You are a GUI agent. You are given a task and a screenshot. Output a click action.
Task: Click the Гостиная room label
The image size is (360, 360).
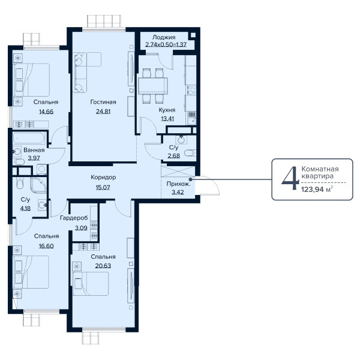point(103,102)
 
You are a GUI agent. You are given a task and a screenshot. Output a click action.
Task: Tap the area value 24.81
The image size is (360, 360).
point(103,112)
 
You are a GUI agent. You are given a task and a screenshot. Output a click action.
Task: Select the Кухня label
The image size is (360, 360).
point(167,110)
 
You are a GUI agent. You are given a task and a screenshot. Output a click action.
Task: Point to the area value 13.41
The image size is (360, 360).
point(167,119)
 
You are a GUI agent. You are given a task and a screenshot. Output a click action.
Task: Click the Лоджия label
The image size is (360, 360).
point(164,37)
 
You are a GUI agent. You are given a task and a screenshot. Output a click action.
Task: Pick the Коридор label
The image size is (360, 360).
point(103,177)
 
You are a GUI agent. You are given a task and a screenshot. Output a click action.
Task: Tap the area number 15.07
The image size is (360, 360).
point(103,187)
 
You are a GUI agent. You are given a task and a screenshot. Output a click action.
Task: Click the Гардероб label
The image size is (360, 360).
point(74,218)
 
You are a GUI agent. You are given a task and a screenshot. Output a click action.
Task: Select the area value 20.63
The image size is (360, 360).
point(103,266)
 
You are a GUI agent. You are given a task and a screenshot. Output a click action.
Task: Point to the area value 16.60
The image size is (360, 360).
point(46,246)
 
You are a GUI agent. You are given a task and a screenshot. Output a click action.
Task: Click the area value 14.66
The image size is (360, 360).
point(46,112)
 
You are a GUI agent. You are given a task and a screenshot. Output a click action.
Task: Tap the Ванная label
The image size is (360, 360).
point(34,150)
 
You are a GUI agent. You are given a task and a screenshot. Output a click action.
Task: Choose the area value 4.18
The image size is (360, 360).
point(25,208)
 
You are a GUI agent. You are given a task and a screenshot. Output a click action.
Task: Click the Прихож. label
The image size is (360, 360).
point(178,184)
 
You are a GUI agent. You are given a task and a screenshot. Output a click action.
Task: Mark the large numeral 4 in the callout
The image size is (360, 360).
point(290,179)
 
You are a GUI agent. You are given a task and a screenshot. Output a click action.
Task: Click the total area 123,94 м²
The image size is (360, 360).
point(317,190)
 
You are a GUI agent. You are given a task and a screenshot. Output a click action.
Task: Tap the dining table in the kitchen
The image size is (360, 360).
point(153,86)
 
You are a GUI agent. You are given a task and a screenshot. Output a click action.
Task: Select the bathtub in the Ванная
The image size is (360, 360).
point(29,138)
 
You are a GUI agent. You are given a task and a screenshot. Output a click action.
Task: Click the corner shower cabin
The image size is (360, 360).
point(38,185)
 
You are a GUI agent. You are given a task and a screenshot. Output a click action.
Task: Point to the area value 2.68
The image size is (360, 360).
point(173,156)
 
